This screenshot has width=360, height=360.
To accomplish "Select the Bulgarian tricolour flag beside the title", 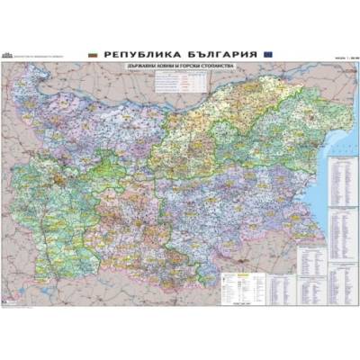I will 93,54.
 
